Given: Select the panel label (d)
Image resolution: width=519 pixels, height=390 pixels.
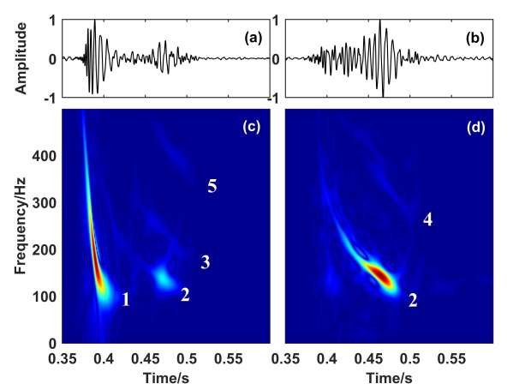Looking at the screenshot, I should coord(474,130).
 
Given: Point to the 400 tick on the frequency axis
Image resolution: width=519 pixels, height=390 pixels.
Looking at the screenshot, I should coord(45,156).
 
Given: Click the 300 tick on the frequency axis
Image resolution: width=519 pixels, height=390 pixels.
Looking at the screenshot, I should coord(45,203).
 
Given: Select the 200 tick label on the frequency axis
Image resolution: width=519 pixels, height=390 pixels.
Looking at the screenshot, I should coord(45,250).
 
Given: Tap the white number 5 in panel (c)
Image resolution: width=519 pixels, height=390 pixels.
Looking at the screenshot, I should coord(212,187).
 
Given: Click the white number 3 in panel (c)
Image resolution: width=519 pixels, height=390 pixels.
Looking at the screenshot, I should coord(206,262).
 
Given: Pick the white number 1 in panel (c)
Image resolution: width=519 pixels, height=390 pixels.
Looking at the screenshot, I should coord(126,300).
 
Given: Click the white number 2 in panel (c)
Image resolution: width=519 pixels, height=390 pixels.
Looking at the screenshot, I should coord(184,295).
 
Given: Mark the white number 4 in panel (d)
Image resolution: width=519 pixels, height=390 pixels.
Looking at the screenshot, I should coord(427,221).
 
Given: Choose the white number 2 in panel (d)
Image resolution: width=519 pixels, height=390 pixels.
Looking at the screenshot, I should coord(413,300).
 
